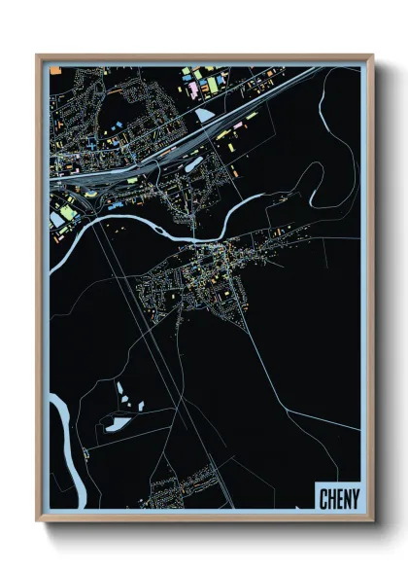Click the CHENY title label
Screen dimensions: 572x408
pyautogui.click(x=338, y=499)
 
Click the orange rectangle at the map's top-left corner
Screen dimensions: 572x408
pyautogui.click(x=55, y=70)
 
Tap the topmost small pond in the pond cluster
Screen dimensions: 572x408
pyautogui.click(x=119, y=387)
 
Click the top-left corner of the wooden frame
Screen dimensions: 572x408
pyautogui.click(x=38, y=55)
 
